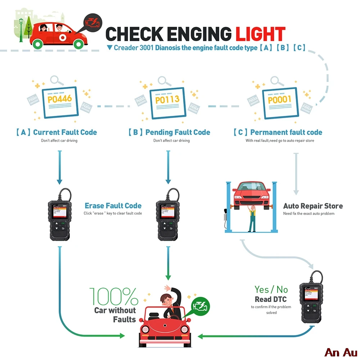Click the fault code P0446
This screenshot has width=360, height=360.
(60, 98)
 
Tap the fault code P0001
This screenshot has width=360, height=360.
(279, 99)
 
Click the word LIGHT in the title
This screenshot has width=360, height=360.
(260, 34)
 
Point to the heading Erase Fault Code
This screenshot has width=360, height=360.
(113, 206)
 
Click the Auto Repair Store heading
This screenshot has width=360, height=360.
(313, 206)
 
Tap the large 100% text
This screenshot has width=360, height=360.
(114, 296)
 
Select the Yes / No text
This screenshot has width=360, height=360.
(271, 289)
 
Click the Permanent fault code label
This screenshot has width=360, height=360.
(278, 132)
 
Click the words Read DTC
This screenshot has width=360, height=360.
(271, 299)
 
